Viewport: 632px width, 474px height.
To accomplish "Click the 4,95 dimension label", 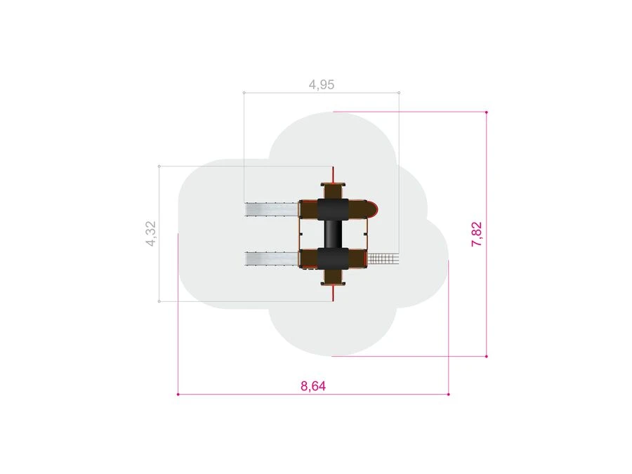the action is (321, 85).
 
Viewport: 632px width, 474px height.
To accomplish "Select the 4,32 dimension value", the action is (151, 233).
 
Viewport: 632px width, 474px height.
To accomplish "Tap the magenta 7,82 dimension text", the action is (476, 234).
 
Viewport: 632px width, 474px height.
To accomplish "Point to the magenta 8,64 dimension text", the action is (313, 386).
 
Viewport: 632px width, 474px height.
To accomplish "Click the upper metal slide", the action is (272, 209).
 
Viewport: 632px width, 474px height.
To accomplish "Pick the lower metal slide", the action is (272, 258).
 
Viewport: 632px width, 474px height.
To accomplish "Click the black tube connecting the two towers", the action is (333, 234).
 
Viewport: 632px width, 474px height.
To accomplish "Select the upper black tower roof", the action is (333, 209).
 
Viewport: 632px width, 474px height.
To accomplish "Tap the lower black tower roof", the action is (333, 258).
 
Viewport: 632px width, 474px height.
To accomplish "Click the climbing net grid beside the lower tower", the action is (383, 258).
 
